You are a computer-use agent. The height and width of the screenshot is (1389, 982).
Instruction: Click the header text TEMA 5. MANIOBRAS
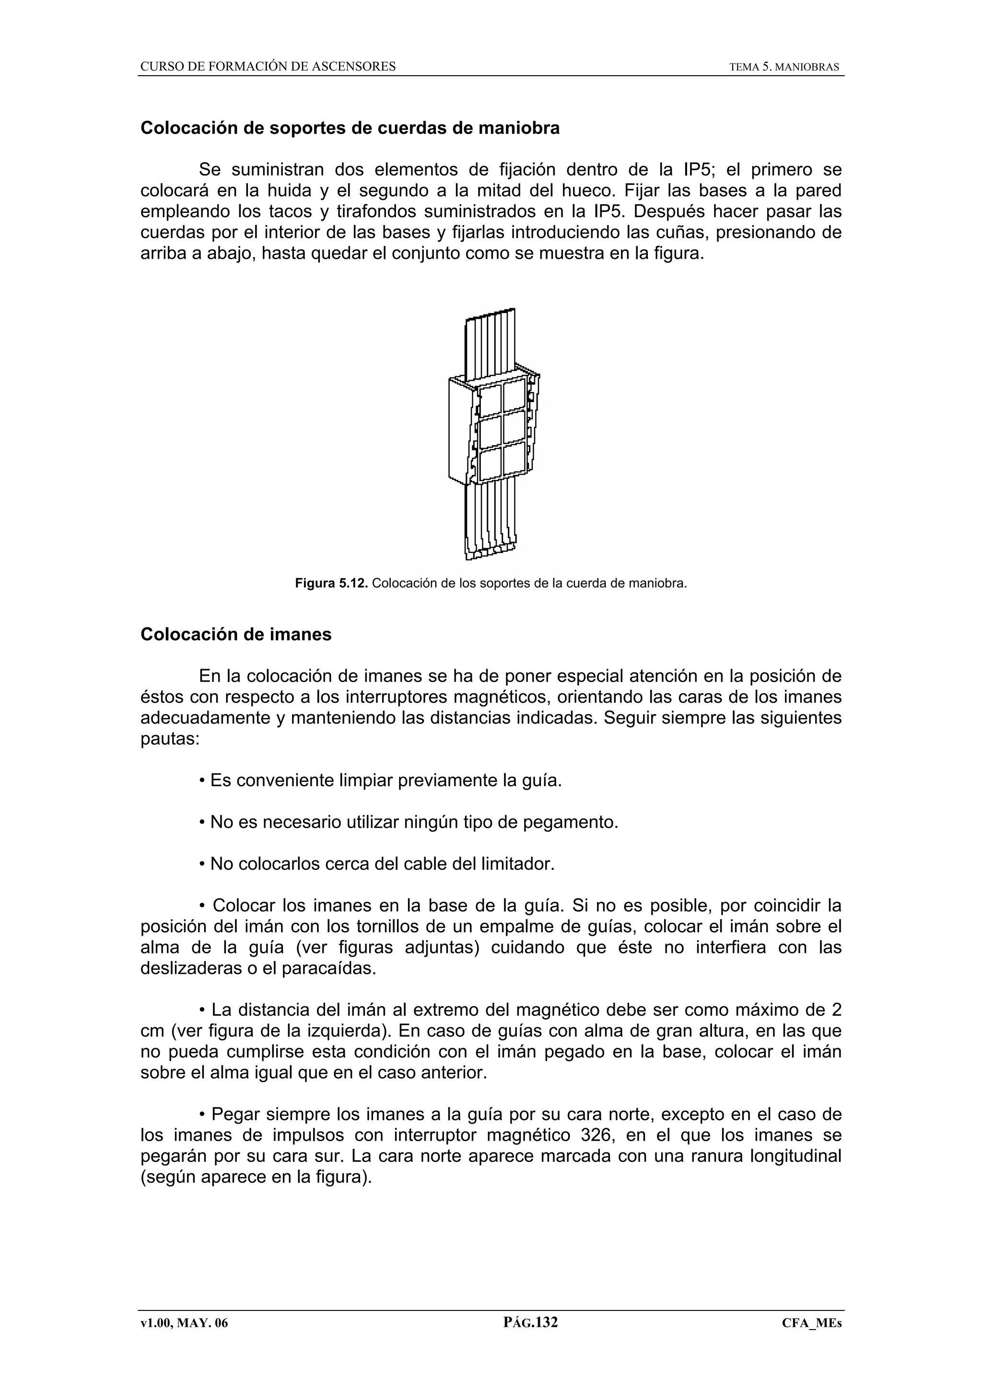point(783,67)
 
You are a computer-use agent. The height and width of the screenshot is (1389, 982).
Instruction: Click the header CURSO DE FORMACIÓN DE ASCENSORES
point(268,67)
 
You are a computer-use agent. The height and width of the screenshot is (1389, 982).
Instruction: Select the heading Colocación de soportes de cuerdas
point(350,128)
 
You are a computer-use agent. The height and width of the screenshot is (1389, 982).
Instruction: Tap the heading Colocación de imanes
point(236,634)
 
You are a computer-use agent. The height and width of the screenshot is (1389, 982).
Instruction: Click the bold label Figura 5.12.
point(331,584)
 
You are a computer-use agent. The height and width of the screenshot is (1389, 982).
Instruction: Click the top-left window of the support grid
point(491,399)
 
